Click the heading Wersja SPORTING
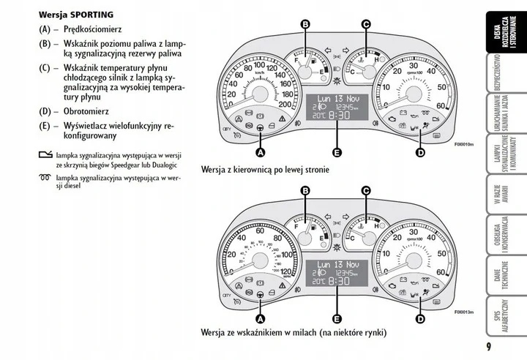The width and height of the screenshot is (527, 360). point(76,13)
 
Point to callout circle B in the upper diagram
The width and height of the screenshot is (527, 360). point(306,24)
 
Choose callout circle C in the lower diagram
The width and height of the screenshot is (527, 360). point(366,192)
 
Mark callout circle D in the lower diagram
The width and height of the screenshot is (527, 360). point(420,319)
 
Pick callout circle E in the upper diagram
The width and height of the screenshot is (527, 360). point(336,152)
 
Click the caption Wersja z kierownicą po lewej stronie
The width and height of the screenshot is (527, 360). point(265,169)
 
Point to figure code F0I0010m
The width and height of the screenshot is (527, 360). point(464,145)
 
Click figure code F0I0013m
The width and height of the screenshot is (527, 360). point(464,312)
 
